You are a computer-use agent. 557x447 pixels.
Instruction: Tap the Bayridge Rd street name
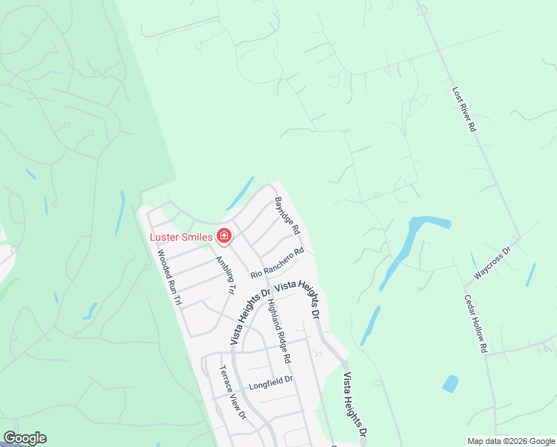(x=287, y=214)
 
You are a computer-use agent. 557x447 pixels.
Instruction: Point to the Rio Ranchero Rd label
(x=277, y=264)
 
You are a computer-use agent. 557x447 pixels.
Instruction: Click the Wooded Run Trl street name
(x=169, y=277)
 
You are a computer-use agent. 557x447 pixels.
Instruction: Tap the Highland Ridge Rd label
(x=277, y=330)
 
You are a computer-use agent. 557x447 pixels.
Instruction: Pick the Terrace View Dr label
(x=232, y=392)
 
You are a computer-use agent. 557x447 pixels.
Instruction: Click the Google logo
(x=25, y=438)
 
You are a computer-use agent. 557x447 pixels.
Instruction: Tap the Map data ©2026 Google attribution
(x=510, y=441)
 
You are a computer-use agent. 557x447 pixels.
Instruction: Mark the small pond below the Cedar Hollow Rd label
(x=450, y=384)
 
